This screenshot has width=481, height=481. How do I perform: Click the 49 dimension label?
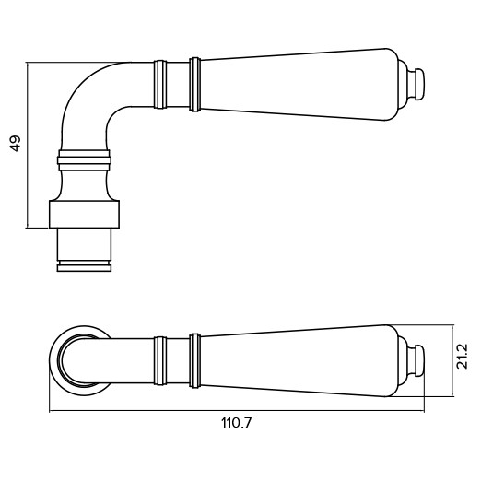click(16, 144)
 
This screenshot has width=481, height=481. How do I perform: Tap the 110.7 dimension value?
click(236, 423)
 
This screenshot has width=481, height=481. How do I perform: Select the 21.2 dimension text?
click(462, 357)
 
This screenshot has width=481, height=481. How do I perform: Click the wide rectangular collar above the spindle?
click(84, 215)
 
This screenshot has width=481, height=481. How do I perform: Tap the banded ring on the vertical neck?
click(84, 160)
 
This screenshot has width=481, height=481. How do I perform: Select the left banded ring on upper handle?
click(160, 85)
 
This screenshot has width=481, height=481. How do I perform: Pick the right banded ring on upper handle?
click(195, 84)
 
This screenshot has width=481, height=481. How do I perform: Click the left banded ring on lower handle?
click(160, 361)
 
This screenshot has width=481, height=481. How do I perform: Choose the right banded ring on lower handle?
click(195, 360)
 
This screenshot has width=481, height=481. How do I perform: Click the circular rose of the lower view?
click(54, 361)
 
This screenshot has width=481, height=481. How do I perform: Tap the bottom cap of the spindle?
click(84, 266)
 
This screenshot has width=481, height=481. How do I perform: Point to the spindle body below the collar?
click(84, 244)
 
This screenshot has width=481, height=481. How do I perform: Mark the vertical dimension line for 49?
click(28, 146)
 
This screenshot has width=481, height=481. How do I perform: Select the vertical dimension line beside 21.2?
click(452, 360)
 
